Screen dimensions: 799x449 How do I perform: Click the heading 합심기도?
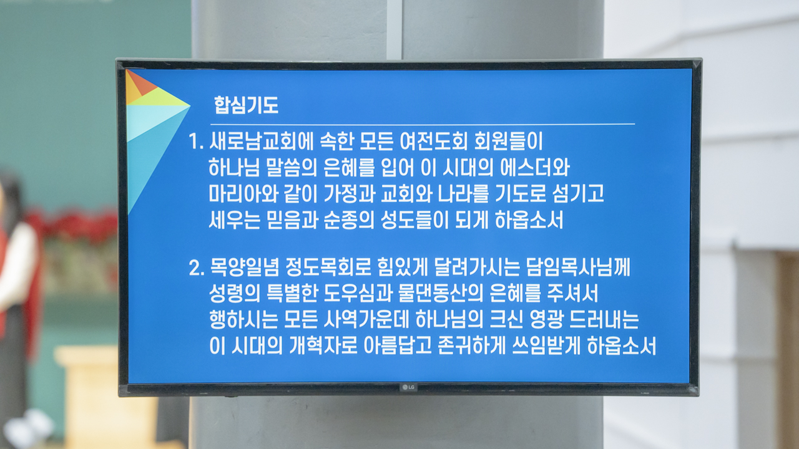point(246,105)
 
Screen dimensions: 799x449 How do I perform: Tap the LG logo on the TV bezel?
point(408,387)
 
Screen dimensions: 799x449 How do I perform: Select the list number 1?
point(196,142)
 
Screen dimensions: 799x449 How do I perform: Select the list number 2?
point(197,268)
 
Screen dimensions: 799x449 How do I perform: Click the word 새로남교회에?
point(262,141)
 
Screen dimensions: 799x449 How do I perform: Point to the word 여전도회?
point(433,141)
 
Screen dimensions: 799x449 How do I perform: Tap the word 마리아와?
point(243,194)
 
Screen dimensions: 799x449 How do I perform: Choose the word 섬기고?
point(578,194)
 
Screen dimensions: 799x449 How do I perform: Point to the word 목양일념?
point(244,268)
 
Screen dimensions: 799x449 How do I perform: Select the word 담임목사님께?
point(578,268)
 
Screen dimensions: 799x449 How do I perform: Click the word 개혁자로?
point(323,346)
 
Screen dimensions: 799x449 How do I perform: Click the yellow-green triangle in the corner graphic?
point(157,97)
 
